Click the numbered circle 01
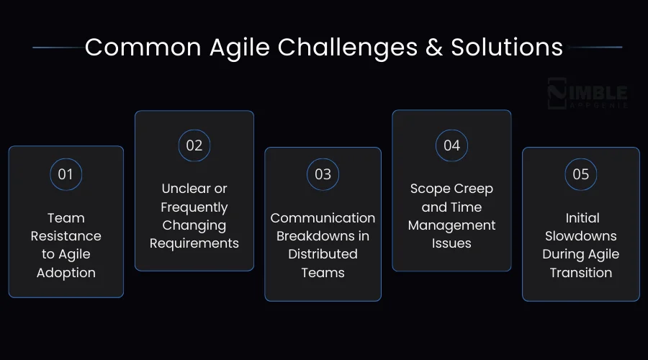point(66,174)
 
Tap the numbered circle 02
point(194,145)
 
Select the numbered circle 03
point(323,174)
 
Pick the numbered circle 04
point(451,145)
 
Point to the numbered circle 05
point(580,174)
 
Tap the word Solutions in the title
point(507,47)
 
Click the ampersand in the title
point(434,47)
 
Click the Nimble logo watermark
point(587,94)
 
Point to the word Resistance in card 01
point(66,236)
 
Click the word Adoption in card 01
point(66,273)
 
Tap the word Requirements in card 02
point(194,243)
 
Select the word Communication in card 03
point(323,217)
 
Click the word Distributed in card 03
point(323,254)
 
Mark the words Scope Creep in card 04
point(451,189)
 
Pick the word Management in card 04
point(451,225)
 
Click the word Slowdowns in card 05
point(580,236)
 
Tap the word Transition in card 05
point(580,273)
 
